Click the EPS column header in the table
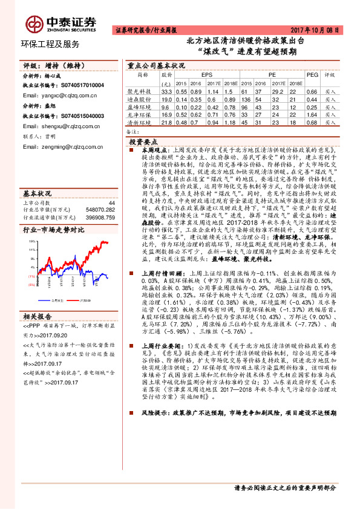click(198, 75)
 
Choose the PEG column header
click(312, 75)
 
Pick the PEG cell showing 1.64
click(312, 113)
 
